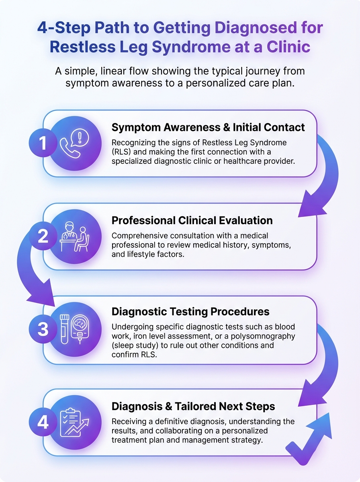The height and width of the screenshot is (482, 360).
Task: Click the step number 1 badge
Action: click(x=43, y=143)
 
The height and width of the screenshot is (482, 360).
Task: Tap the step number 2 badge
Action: click(x=43, y=236)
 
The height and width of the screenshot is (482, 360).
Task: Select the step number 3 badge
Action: click(x=43, y=329)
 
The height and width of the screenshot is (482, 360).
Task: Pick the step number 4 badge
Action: click(x=43, y=422)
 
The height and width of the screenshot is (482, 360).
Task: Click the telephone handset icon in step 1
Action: click(x=70, y=148)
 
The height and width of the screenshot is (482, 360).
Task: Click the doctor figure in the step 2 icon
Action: click(x=70, y=233)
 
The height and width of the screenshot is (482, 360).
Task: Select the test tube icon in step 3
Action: click(x=65, y=329)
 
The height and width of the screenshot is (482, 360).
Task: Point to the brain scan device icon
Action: click(x=80, y=329)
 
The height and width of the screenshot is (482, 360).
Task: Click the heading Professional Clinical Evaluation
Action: click(x=192, y=221)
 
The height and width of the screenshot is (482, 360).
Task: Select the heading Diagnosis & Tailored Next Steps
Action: click(x=193, y=406)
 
